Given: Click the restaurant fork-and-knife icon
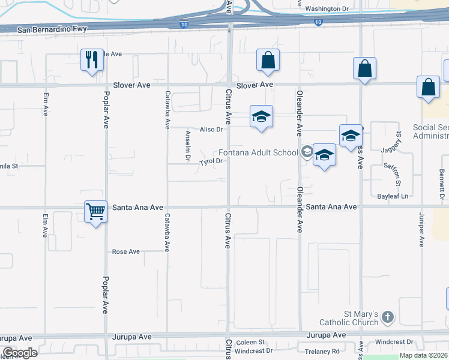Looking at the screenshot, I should (x=92, y=59).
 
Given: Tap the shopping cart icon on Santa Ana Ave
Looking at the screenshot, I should (x=96, y=211).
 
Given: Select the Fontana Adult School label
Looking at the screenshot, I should (x=258, y=152).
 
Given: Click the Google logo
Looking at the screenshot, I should (x=20, y=353).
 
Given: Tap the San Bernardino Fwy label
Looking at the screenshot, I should (x=52, y=29).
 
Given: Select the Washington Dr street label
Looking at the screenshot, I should (x=327, y=9).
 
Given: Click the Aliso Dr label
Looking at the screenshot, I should (x=211, y=129).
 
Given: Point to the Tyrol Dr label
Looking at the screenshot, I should (x=211, y=161).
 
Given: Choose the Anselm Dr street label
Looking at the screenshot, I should (x=188, y=146).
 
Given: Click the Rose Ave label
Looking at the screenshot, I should (x=126, y=252).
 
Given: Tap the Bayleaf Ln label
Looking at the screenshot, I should (x=393, y=196).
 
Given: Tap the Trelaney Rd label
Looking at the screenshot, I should (x=322, y=351).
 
